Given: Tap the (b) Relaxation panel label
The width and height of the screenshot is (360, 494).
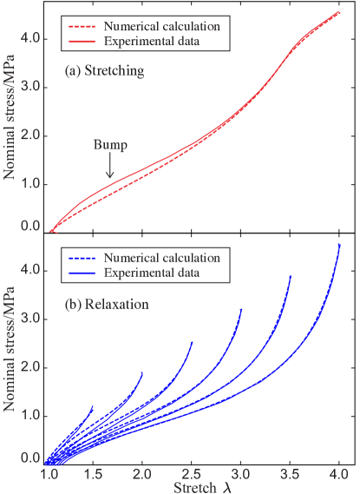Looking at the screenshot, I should tap(107, 305).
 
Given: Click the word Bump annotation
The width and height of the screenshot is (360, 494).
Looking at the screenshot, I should tap(109, 146).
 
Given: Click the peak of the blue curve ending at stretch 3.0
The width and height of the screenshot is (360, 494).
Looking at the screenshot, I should tap(241, 308).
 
